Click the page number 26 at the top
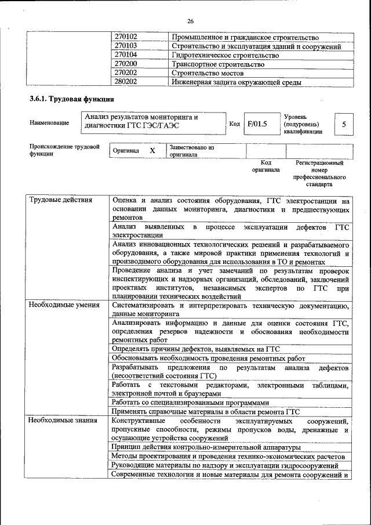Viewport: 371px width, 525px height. coord(190,21)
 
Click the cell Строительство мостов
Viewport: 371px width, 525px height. coord(208,73)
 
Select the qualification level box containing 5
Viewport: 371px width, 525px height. coord(344,124)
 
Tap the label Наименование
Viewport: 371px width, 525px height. coord(49,123)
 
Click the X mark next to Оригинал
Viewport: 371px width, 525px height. coord(152,151)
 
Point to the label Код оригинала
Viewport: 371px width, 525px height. coord(265,166)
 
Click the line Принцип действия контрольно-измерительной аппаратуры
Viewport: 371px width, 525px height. coord(206,447)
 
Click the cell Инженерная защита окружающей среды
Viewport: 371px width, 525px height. coord(237,82)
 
